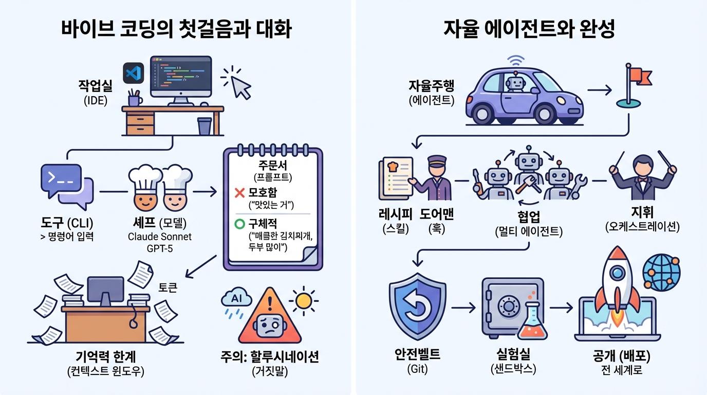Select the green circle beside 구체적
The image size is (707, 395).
pos(238,225)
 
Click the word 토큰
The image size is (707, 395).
pos(168,288)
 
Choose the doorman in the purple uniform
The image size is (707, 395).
pos(436,177)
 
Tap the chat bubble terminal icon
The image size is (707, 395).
pos(66,183)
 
